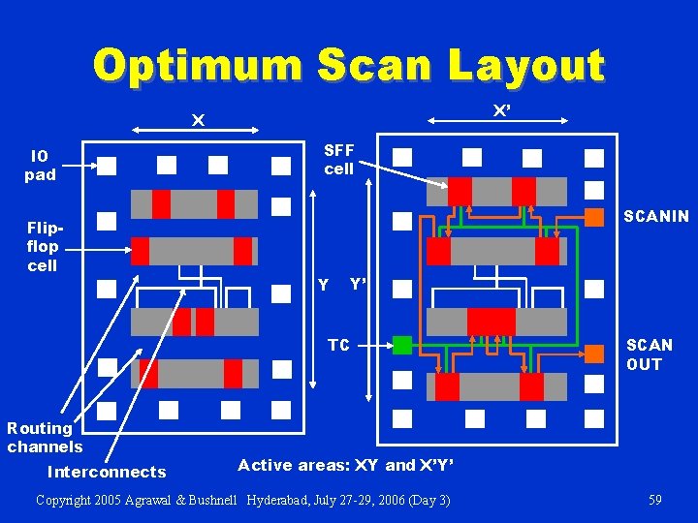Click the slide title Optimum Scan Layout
pos(349,66)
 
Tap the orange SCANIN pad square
pos(594,217)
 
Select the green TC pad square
pos(402,344)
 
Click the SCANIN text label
pos(656,216)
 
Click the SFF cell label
pos(339,159)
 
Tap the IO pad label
pos(40,166)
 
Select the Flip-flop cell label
pos(43,246)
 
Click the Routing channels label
pos(45,437)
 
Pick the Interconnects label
pos(107,473)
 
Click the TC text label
pos(338,345)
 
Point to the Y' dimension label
pos(358,285)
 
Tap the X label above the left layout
pos(198,120)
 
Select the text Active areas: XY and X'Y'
pos(345,465)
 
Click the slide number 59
pos(655,500)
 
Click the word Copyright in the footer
pos(66,500)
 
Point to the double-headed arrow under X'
pos(496,120)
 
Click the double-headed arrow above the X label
pos(198,129)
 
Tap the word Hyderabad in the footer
pos(280,500)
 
